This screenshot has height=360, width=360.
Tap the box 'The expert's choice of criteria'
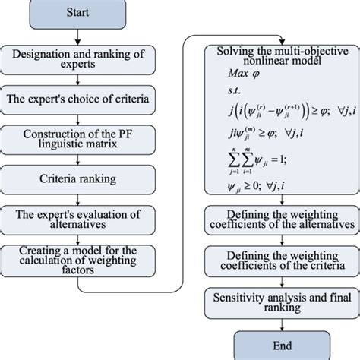[x=82, y=98]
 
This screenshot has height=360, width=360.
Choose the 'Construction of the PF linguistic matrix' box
[x=82, y=138]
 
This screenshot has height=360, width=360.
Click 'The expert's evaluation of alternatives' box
[x=82, y=219]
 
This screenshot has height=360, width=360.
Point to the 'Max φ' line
[x=242, y=74]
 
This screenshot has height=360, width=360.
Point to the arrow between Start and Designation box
[x=82, y=36]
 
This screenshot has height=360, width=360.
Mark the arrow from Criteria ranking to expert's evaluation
[x=82, y=199]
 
